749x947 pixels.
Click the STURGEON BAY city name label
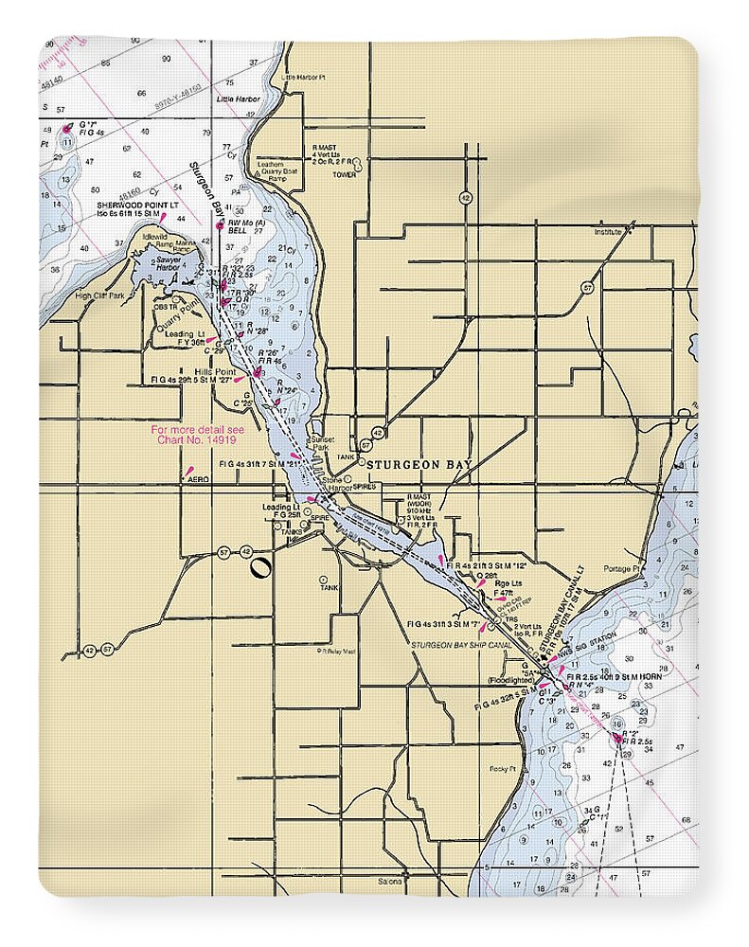(418, 465)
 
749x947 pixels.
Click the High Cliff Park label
(99, 295)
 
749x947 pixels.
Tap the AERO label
(198, 480)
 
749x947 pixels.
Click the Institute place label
(608, 231)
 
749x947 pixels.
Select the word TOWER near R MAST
(344, 174)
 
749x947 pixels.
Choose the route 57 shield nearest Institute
(587, 287)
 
